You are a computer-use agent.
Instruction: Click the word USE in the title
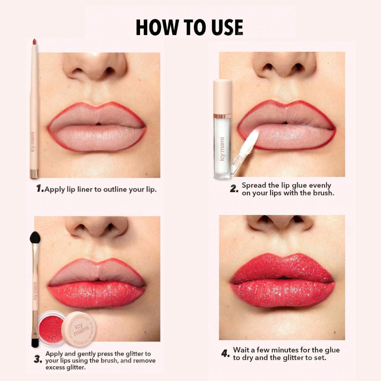[223, 28]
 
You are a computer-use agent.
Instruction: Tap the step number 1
[40, 189]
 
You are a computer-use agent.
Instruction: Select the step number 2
[234, 189]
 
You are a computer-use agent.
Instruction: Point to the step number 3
[38, 360]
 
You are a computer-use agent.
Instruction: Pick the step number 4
[226, 353]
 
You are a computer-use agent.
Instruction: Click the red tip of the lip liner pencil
[34, 42]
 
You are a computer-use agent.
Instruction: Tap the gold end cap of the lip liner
[34, 174]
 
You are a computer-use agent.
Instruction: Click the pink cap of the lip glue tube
[223, 97]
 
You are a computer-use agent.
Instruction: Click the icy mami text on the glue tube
[222, 149]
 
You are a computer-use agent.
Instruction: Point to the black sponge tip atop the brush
[35, 238]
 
